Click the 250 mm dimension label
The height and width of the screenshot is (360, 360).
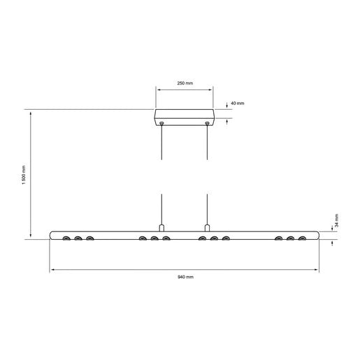[x=185, y=83]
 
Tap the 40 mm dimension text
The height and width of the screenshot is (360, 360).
[x=237, y=103]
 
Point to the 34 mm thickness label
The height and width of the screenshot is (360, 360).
[x=336, y=222]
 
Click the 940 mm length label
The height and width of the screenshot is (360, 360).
[x=185, y=278]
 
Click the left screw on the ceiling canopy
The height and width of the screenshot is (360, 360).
[x=162, y=124]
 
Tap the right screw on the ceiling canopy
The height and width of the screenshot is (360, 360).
[x=208, y=124]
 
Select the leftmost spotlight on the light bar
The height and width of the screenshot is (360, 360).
[x=66, y=239]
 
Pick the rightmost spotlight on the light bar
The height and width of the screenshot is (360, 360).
[x=302, y=239]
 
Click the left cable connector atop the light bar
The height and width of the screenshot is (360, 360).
[x=162, y=228]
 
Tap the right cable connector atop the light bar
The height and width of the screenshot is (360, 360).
[x=208, y=228]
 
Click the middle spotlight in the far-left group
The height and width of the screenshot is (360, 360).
[x=78, y=239]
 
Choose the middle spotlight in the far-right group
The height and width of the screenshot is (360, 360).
[x=290, y=239]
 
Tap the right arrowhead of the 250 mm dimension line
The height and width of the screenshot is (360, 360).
[x=211, y=89]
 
